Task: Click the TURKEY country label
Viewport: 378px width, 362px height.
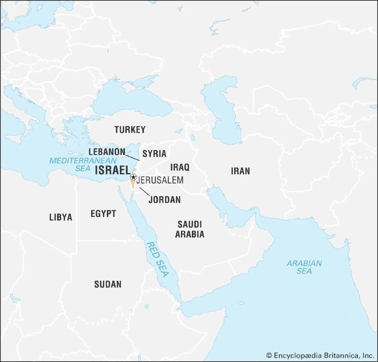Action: click(130, 129)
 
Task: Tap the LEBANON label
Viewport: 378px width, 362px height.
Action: click(107, 152)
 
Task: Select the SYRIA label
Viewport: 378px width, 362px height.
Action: click(155, 154)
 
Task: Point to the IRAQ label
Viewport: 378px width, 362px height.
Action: click(180, 167)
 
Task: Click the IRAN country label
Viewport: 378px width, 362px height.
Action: click(240, 171)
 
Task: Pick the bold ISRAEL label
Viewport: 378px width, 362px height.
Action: click(112, 171)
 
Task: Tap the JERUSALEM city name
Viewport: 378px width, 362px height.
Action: click(160, 181)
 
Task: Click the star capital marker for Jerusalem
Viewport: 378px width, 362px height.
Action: click(134, 178)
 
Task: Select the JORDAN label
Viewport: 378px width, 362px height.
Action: click(164, 199)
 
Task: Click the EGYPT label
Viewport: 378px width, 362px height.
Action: click(103, 214)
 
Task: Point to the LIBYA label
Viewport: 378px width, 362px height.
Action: click(61, 217)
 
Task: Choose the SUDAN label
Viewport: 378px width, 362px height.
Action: click(108, 284)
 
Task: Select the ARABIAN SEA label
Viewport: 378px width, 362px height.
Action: click(304, 267)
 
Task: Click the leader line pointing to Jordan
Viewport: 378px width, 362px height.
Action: click(145, 191)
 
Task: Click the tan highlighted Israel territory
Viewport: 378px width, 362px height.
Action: click(132, 183)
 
